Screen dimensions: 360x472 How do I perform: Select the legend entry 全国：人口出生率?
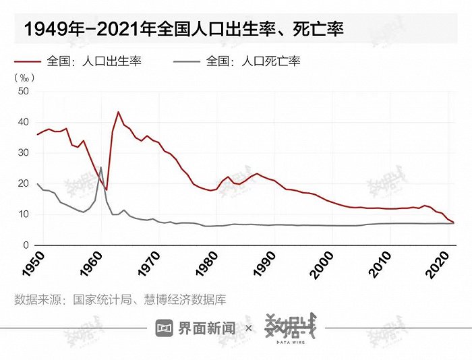point(94,61)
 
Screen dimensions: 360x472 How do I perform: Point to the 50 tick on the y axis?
point(23,91)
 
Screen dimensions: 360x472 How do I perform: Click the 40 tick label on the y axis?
point(23,122)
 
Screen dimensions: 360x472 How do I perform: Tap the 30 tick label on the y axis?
point(23,153)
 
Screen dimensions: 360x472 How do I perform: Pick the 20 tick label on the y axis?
point(23,184)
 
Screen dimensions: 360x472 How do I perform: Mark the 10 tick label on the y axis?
point(23,214)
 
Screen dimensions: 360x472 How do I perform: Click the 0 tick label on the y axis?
point(26,245)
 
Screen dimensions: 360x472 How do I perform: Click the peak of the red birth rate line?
point(118,112)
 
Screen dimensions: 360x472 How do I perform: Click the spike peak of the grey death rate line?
point(101,167)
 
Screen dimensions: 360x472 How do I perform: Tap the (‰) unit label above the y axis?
point(24,77)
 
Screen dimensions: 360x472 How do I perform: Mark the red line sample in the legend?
point(26,61)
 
